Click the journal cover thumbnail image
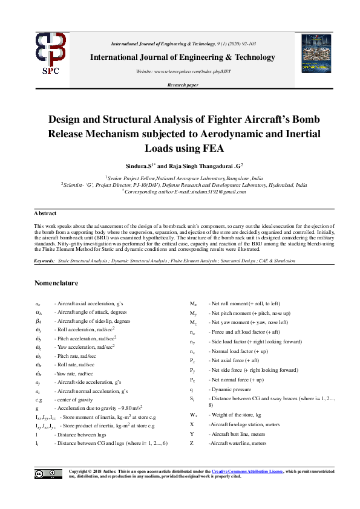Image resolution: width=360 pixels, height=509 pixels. pyautogui.click(x=316, y=54)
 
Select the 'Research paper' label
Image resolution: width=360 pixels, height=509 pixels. pyautogui.click(x=183, y=86)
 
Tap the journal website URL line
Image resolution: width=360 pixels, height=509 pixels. pyautogui.click(x=183, y=71)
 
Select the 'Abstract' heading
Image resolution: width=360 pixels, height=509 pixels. pyautogui.click(x=45, y=213)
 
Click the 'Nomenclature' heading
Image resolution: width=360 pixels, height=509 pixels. pyautogui.click(x=56, y=282)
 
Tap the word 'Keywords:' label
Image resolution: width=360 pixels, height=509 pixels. pyautogui.click(x=45, y=261)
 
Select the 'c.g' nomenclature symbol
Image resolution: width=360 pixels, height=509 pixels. pyautogui.click(x=39, y=400)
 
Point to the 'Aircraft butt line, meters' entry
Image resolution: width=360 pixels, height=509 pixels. pyautogui.click(x=238, y=434)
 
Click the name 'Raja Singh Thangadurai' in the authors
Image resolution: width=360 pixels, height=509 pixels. pyautogui.click(x=198, y=165)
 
